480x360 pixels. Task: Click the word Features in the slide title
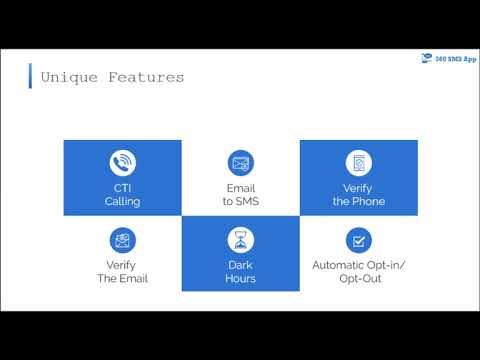[x=147, y=78]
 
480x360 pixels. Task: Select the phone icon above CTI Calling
[x=123, y=163]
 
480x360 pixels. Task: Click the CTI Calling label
[x=123, y=194]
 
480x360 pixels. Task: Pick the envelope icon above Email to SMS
[x=240, y=163]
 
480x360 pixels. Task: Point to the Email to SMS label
[x=240, y=194]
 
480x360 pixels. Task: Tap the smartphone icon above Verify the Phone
[x=359, y=163]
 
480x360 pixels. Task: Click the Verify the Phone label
[x=359, y=194]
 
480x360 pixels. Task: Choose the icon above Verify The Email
[x=123, y=240]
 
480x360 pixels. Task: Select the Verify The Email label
[x=123, y=272]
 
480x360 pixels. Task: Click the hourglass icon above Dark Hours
[x=240, y=240]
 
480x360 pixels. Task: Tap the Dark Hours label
[x=240, y=272]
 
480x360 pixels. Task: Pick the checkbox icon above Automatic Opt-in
[x=359, y=240]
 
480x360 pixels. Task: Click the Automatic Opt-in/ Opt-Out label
[x=359, y=272]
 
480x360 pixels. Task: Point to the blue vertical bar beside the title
[x=32, y=76]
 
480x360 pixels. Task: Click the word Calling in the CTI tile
[x=123, y=201]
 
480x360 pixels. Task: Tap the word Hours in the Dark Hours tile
[x=240, y=279]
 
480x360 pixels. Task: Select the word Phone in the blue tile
[x=371, y=201]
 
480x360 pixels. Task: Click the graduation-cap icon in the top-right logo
[x=426, y=58]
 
